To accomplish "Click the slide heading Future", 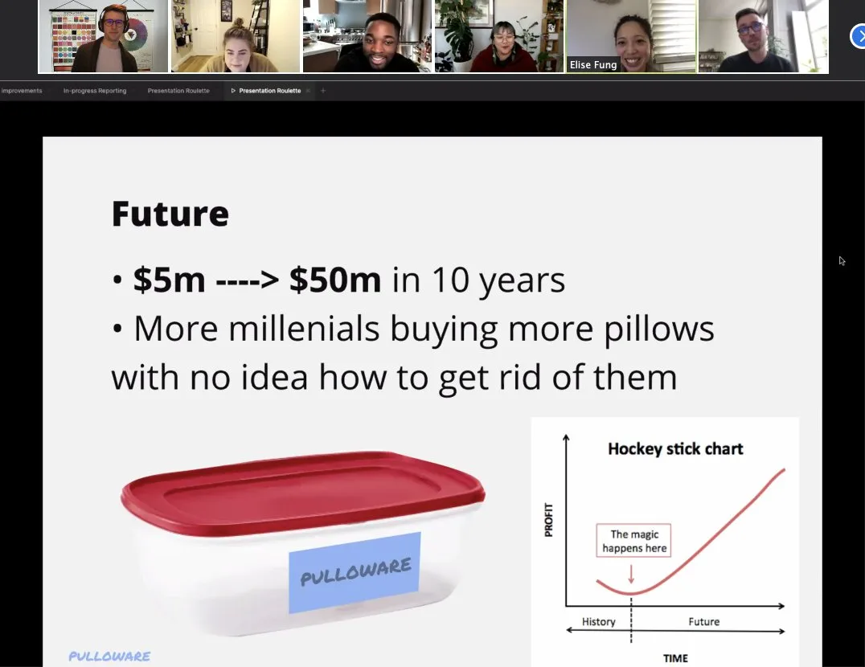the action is pos(170,213).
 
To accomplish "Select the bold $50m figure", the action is pos(335,280).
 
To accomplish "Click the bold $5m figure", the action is pos(169,280).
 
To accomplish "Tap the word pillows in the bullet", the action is pos(659,329).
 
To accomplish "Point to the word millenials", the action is pos(304,329).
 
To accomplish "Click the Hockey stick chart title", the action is pos(675,448).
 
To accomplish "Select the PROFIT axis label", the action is pos(548,519).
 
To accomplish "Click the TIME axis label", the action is pos(675,658).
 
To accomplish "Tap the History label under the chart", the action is pos(599,622).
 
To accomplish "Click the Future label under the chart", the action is pos(704,622).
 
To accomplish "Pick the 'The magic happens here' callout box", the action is pos(633,540).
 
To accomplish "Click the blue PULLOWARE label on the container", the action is pos(355,572).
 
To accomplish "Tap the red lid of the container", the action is pos(303,492).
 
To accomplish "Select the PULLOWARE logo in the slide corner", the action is pos(109,656).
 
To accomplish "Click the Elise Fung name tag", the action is pos(593,65).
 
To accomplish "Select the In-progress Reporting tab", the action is pos(95,91).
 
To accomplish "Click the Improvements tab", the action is pos(22,91).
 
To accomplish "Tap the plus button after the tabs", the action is pos(323,91).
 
